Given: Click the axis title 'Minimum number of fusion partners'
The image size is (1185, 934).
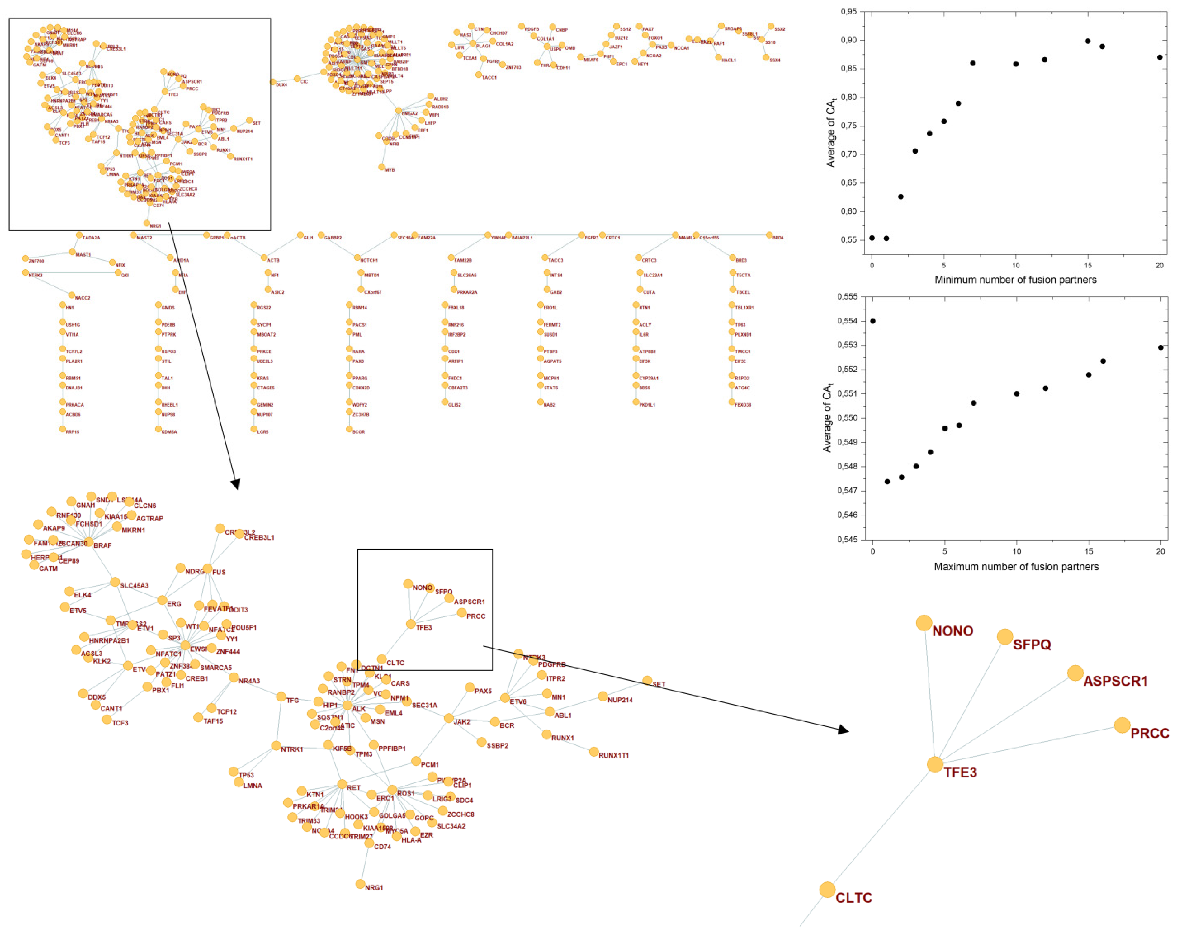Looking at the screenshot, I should [x=1016, y=280].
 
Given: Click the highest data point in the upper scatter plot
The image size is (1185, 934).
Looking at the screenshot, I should [x=1088, y=41].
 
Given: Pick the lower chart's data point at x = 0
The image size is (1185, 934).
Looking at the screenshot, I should [x=873, y=321].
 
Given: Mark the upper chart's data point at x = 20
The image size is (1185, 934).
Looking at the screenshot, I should [x=1160, y=57].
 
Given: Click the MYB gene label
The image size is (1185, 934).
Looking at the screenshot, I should [x=390, y=170].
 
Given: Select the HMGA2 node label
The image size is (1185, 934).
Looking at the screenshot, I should [x=410, y=113].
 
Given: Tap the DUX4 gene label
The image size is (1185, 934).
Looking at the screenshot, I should [x=281, y=85].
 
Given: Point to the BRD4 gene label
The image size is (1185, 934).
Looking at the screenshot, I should [x=778, y=238].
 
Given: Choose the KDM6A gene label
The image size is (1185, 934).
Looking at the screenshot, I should [x=169, y=432].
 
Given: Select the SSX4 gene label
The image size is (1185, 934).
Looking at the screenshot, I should [x=775, y=60].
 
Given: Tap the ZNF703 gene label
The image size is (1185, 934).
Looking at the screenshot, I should [x=513, y=67].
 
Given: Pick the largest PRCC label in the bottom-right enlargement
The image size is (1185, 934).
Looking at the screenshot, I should [x=1149, y=733].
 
